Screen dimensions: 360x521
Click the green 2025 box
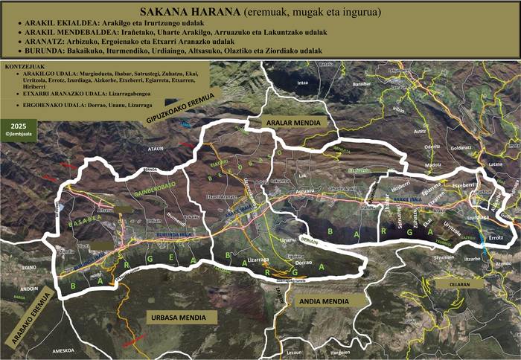[14, 125]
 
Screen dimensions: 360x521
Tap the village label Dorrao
[302, 262]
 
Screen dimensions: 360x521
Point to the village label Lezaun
[295, 353]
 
